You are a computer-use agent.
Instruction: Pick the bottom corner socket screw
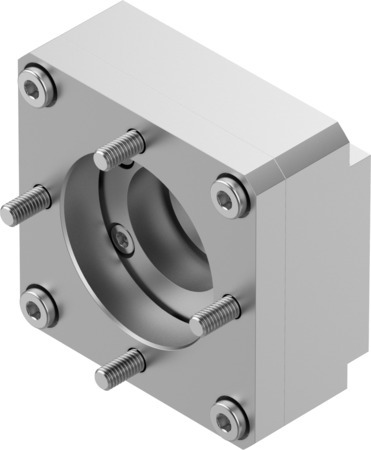(229, 411)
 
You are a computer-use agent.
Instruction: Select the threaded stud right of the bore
(215, 314)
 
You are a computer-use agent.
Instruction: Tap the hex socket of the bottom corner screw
(229, 411)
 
